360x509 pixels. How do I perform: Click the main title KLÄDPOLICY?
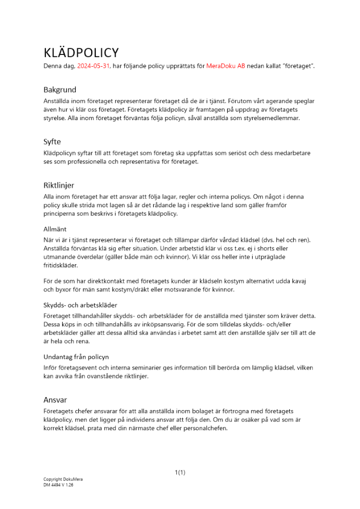[x=81, y=52]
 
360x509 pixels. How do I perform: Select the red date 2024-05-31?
[x=93, y=67]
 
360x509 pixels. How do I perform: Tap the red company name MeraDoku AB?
[x=225, y=67]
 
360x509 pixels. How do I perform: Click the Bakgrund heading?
[x=60, y=90]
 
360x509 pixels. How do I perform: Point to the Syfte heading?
[x=52, y=142]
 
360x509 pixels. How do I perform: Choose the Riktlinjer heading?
[x=59, y=185]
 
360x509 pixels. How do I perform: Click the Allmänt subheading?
[x=55, y=230]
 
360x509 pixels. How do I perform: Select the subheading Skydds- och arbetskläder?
[x=80, y=305]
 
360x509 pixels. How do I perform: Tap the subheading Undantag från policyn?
[x=76, y=357]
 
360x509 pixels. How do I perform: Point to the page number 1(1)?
[x=180, y=472]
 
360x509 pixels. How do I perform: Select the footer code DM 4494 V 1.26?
[x=59, y=485]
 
